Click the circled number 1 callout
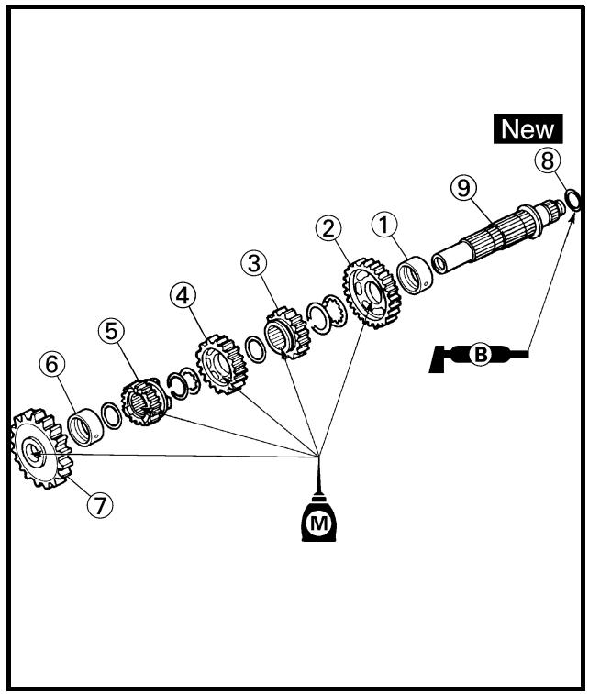pos(384,225)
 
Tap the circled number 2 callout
pos(328,229)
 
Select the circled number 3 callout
pos(254,263)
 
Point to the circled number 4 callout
pos(183,295)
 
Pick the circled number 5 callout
pos(111,331)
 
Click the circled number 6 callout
pos(51,365)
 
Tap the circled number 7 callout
pos(100,504)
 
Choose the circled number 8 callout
pos(548,160)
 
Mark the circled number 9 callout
pos(463,188)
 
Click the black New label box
pos(528,128)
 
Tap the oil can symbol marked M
pos(318,518)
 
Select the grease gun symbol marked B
pos(479,355)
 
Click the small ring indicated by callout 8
pos(572,200)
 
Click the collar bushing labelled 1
pos(415,274)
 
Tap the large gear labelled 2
pos(372,293)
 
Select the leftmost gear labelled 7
pos(41,448)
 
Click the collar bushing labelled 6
pos(85,427)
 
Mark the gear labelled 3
pos(287,333)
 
